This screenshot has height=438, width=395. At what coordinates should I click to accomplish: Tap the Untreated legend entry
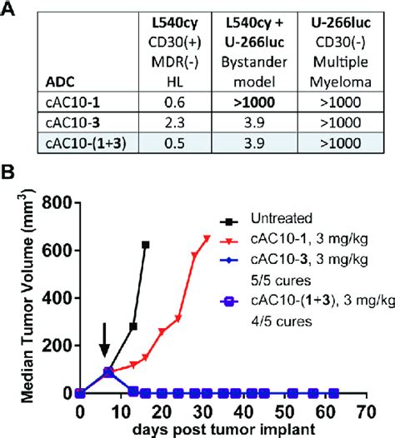pos(278,219)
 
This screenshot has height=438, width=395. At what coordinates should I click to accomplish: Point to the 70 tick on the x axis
pos(362,410)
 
